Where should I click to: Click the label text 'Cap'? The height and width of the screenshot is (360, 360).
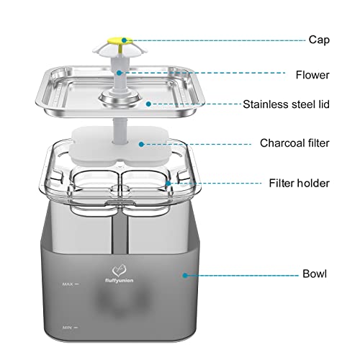point(319,40)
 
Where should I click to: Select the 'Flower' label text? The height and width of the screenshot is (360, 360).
point(312,75)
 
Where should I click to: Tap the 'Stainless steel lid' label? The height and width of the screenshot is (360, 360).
point(286,104)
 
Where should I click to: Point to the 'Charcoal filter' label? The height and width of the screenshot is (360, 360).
point(294,143)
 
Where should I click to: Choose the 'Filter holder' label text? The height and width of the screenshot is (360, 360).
point(299,183)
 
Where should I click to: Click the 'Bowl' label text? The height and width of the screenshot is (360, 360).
point(315,274)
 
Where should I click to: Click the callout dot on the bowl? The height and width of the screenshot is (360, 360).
point(185,275)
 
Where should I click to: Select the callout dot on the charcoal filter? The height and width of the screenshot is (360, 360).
point(141,144)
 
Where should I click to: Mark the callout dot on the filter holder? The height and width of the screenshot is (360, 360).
point(168,184)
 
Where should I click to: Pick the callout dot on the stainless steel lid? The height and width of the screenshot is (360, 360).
point(148,104)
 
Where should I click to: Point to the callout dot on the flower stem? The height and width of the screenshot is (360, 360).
point(120,73)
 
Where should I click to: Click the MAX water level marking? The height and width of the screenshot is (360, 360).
point(71,284)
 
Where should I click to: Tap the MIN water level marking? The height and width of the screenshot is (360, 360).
point(71,328)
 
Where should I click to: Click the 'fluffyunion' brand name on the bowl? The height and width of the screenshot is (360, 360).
point(120,280)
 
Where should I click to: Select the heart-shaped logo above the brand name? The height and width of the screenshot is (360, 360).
point(119,271)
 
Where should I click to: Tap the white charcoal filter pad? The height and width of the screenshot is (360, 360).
point(120,146)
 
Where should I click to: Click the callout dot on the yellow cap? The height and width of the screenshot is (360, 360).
point(124,40)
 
